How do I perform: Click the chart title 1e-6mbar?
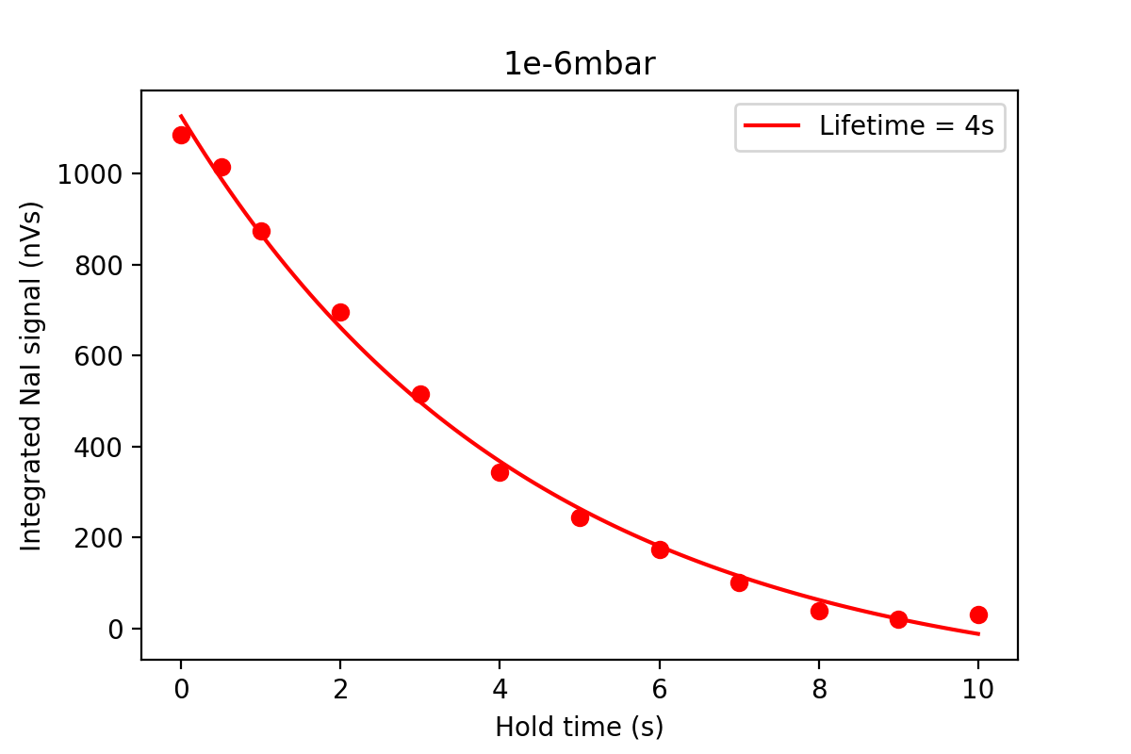(x=579, y=64)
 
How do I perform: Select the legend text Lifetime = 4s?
(x=906, y=126)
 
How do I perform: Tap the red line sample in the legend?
(x=773, y=126)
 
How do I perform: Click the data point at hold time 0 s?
(x=181, y=135)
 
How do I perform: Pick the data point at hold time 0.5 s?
(x=221, y=168)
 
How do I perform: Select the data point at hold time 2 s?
(x=340, y=312)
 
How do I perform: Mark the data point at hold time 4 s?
(x=500, y=472)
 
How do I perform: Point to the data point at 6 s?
(x=660, y=549)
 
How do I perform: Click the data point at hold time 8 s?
(x=819, y=611)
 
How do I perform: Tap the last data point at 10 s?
(x=978, y=615)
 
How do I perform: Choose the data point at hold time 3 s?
(x=420, y=394)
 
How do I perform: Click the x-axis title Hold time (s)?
(x=579, y=728)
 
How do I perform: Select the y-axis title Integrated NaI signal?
(x=32, y=375)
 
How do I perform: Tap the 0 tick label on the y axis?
(x=116, y=629)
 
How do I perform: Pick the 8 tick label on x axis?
(x=819, y=689)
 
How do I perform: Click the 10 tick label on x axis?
(x=978, y=689)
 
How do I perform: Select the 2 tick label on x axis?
(x=340, y=689)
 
